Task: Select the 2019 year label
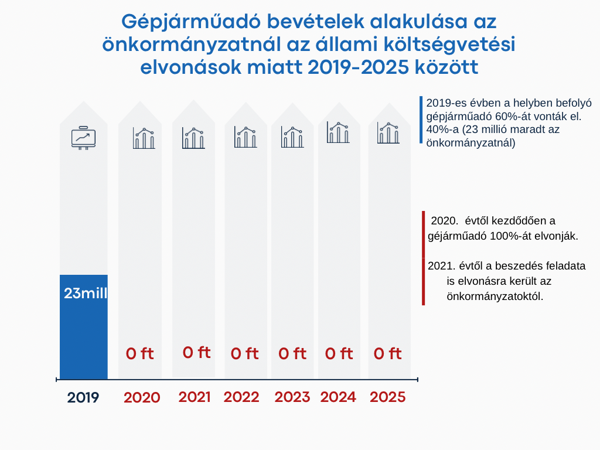click(x=83, y=398)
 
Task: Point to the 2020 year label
click(x=142, y=398)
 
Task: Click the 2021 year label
click(x=195, y=397)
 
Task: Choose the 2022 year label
click(x=241, y=397)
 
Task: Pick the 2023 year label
click(x=292, y=397)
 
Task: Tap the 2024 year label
click(x=338, y=397)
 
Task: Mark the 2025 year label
click(x=388, y=397)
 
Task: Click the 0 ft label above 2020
click(x=139, y=354)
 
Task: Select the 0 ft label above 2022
click(x=244, y=354)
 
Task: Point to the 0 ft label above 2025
click(x=387, y=354)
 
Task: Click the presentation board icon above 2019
click(x=83, y=138)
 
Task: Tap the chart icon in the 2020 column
click(x=144, y=138)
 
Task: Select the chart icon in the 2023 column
click(x=292, y=137)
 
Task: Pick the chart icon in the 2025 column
click(x=388, y=133)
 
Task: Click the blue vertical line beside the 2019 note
click(x=421, y=120)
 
